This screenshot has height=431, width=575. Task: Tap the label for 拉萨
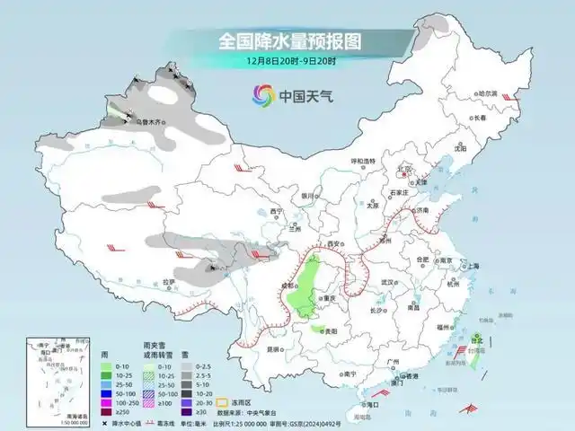(x=170, y=282)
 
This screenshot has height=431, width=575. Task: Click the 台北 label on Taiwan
(x=477, y=342)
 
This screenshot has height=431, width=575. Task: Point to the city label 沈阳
(x=461, y=149)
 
